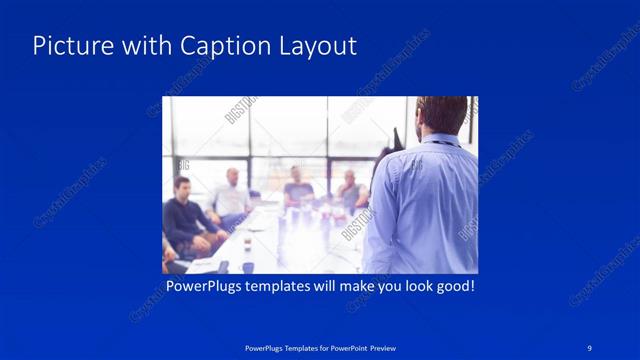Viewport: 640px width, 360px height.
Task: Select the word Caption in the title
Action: pos(218,47)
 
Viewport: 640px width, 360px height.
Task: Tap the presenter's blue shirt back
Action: pos(425,205)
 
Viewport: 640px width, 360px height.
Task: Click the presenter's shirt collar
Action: pos(440,140)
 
